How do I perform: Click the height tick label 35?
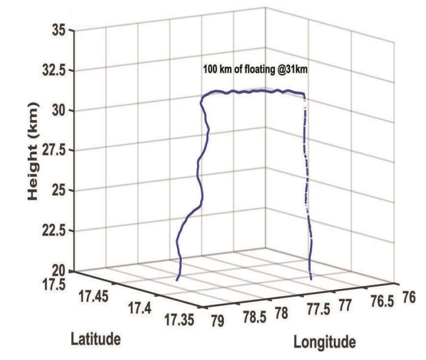pos(58,29)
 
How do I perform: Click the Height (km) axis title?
pos(34,151)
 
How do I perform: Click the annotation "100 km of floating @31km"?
pos(255,70)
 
